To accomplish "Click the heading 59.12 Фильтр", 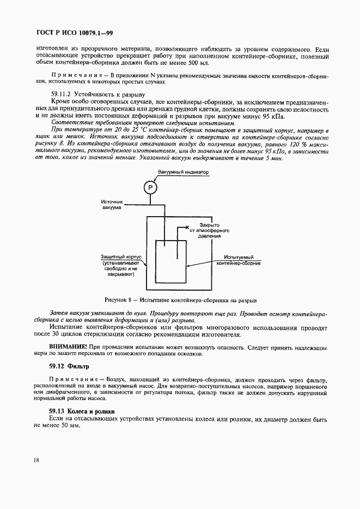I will pos(69,366).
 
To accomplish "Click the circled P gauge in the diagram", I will pos(150,187).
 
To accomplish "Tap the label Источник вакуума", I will pos(113,204).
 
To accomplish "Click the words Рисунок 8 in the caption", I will pos(119,300).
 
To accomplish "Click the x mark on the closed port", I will pos(186,226).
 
